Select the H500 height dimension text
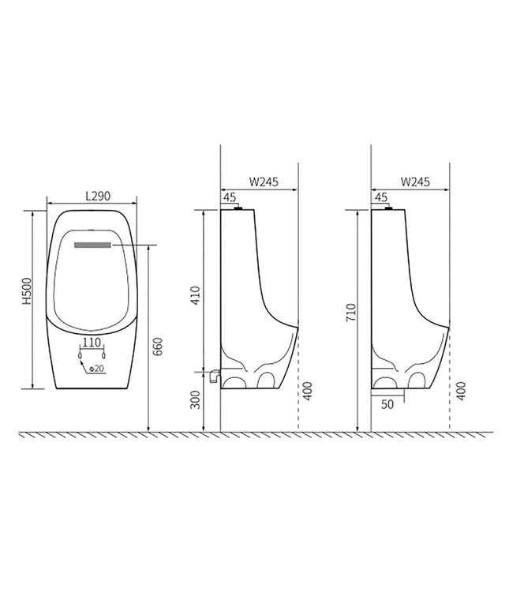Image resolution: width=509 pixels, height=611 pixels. (x=26, y=291)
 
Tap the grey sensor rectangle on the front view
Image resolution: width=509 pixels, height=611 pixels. (x=93, y=246)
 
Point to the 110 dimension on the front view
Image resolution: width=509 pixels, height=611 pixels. (x=92, y=343)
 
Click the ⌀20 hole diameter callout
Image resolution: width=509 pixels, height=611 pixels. (x=97, y=369)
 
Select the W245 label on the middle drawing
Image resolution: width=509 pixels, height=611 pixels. (x=264, y=181)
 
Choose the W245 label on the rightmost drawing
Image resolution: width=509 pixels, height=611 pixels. (x=414, y=181)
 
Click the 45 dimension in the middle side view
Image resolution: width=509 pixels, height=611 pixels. (x=230, y=197)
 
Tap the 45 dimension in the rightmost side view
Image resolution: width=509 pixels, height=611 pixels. (x=380, y=197)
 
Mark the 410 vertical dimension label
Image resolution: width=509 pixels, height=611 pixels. (x=196, y=295)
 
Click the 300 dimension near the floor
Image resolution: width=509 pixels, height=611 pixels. (x=196, y=401)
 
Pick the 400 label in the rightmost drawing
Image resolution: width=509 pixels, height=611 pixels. (x=460, y=390)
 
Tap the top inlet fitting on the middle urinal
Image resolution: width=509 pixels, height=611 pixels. (x=237, y=208)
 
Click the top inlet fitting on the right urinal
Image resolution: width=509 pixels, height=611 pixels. (x=387, y=208)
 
